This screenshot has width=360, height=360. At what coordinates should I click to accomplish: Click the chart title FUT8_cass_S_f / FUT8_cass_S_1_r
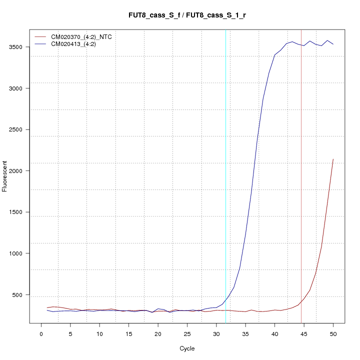[187, 15]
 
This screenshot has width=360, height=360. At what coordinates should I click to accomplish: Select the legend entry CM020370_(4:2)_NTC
[85, 36]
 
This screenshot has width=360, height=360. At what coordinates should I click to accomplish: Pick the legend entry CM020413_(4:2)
[77, 44]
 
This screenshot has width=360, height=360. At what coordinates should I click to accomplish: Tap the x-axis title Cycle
[187, 348]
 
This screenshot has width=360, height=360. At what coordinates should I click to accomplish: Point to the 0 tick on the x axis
[41, 333]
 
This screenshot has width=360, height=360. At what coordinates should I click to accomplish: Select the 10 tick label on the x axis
[99, 333]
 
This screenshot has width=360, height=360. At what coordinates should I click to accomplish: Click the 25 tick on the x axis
[187, 333]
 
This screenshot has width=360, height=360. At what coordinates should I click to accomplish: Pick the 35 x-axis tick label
[245, 333]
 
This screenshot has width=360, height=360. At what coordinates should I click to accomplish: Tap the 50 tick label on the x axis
[333, 333]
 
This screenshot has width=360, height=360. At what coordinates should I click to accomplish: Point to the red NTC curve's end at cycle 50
[333, 159]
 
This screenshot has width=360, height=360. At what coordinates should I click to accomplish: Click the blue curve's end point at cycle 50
[333, 44]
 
